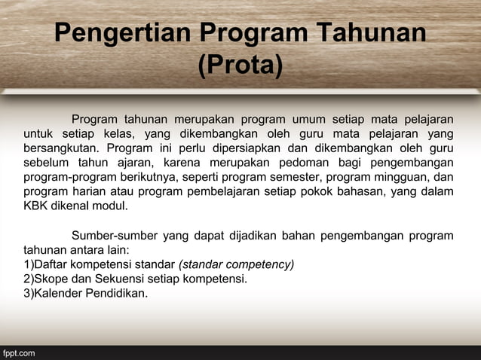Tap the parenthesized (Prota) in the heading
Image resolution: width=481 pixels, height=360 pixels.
pyautogui.click(x=240, y=66)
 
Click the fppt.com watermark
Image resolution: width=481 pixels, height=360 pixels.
pyautogui.click(x=19, y=352)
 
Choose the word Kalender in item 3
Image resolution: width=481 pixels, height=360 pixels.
pyautogui.click(x=58, y=293)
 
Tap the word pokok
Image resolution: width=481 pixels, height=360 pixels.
pyautogui.click(x=334, y=191)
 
